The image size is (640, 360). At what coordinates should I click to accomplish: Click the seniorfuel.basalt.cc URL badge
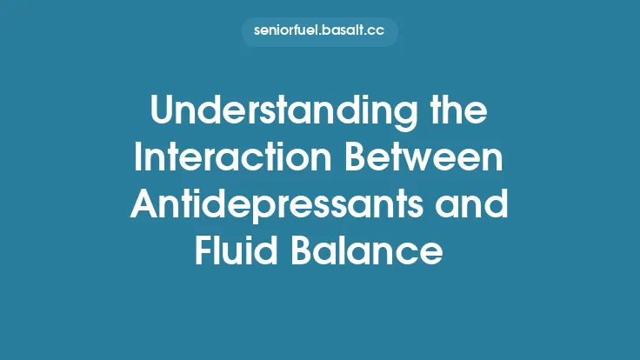[x=319, y=32]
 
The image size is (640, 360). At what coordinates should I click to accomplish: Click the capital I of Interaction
[x=141, y=161]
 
